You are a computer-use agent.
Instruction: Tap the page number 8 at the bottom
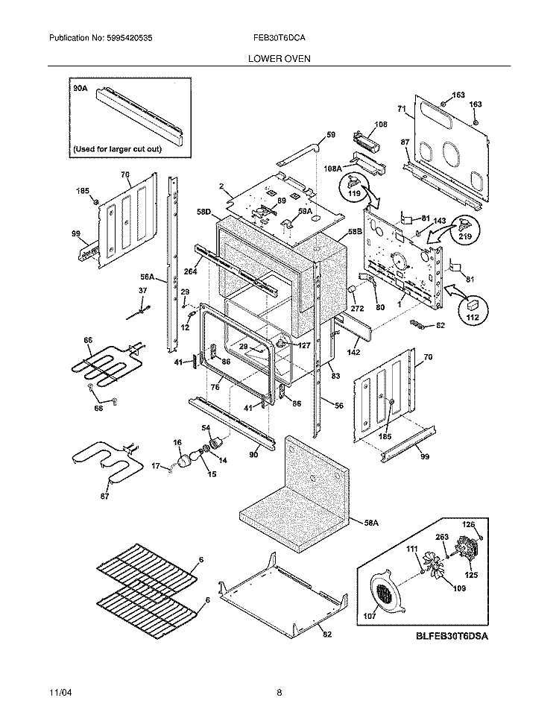[279, 692]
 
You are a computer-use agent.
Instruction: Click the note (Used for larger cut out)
[116, 148]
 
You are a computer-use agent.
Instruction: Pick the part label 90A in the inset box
[80, 88]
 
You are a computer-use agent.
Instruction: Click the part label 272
[357, 308]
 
